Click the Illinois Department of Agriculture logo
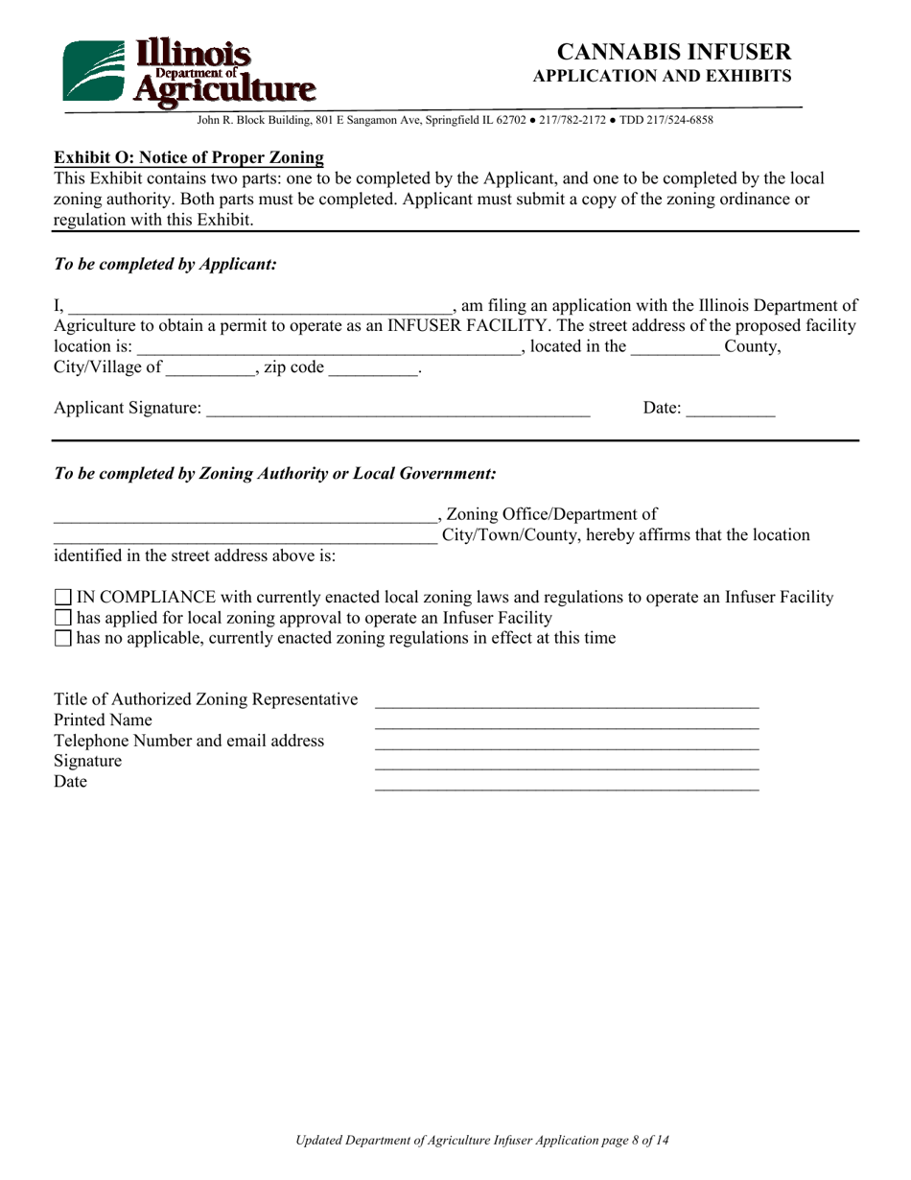188,72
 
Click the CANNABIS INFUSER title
674,52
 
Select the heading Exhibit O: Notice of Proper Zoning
188,157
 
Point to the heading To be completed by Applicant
165,264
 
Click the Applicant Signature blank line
397,411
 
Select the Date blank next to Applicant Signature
731,411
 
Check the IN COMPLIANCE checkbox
63,598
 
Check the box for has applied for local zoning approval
63,618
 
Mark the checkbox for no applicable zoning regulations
63,638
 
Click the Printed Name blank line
566,721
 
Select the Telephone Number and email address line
566,743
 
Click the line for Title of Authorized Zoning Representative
566,700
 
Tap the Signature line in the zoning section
566,763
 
